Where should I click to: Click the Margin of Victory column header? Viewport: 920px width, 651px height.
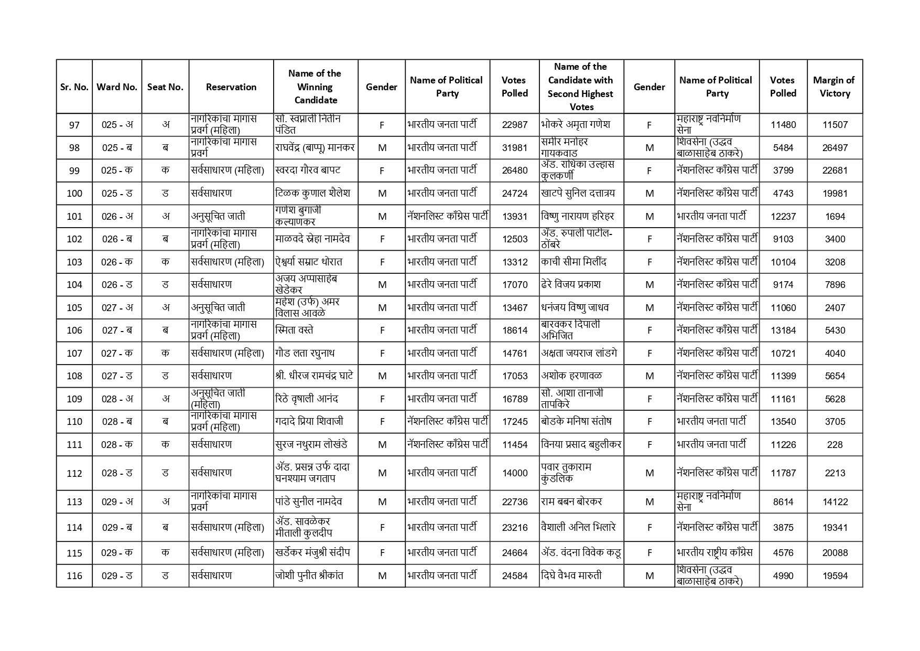click(x=834, y=87)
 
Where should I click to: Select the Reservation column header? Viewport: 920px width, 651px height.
click(x=231, y=87)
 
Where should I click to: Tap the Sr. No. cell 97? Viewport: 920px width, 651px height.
click(x=74, y=125)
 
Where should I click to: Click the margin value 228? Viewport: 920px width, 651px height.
click(x=835, y=444)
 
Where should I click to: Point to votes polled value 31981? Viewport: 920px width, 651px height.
click(x=514, y=148)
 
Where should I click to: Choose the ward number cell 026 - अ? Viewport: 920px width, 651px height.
click(x=117, y=216)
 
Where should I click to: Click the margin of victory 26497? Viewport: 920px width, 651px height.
click(x=835, y=148)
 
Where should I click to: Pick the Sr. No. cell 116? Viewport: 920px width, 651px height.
click(x=74, y=575)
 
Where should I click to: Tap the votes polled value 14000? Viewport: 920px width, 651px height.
click(x=514, y=473)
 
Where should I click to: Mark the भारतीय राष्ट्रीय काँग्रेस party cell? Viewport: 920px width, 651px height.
click(x=715, y=552)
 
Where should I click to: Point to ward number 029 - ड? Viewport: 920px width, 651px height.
click(x=117, y=575)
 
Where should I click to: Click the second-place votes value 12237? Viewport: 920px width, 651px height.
click(x=783, y=216)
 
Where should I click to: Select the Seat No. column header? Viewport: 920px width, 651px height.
click(x=165, y=87)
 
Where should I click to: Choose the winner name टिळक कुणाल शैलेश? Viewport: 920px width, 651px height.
click(x=312, y=193)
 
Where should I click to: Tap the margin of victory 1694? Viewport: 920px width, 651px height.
click(x=835, y=216)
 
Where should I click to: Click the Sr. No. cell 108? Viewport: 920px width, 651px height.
click(x=74, y=376)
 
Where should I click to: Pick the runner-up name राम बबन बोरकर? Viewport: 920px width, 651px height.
click(x=571, y=501)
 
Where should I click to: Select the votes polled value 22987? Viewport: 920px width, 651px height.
click(x=514, y=125)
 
